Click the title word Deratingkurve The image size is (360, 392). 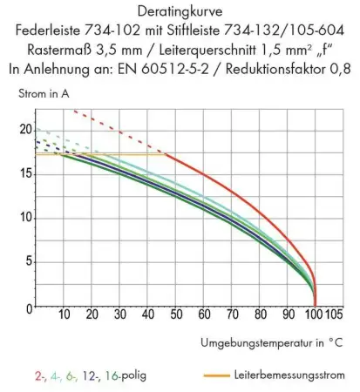180,11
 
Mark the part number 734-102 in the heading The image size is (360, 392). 132,30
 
